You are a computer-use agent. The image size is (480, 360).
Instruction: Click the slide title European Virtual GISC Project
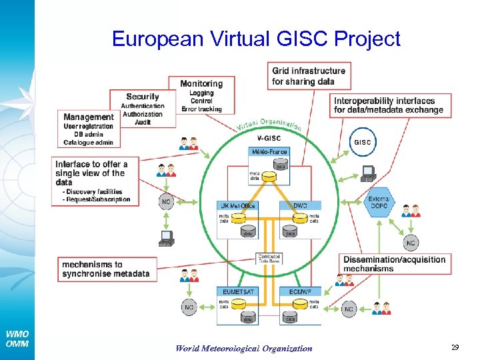256,39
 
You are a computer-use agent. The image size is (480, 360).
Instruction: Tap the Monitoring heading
201,83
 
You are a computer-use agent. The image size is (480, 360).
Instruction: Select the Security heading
142,97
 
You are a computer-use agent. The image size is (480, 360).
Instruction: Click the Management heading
89,117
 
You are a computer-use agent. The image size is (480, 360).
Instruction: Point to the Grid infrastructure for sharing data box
309,76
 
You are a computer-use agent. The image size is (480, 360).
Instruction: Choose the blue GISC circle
363,142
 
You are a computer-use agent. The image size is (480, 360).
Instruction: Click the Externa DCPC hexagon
380,201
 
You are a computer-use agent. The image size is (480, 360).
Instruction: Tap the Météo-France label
269,152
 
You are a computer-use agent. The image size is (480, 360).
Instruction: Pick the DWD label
300,205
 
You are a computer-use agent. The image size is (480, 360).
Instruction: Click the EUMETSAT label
237,291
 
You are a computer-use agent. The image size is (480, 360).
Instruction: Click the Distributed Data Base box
269,258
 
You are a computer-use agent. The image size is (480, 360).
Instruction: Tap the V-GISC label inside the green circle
269,139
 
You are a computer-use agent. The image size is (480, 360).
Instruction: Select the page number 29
455,347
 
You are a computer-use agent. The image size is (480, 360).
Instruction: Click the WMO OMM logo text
17,339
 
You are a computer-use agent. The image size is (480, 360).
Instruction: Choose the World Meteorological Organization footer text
243,348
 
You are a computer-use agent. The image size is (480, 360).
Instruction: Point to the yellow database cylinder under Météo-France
269,177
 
